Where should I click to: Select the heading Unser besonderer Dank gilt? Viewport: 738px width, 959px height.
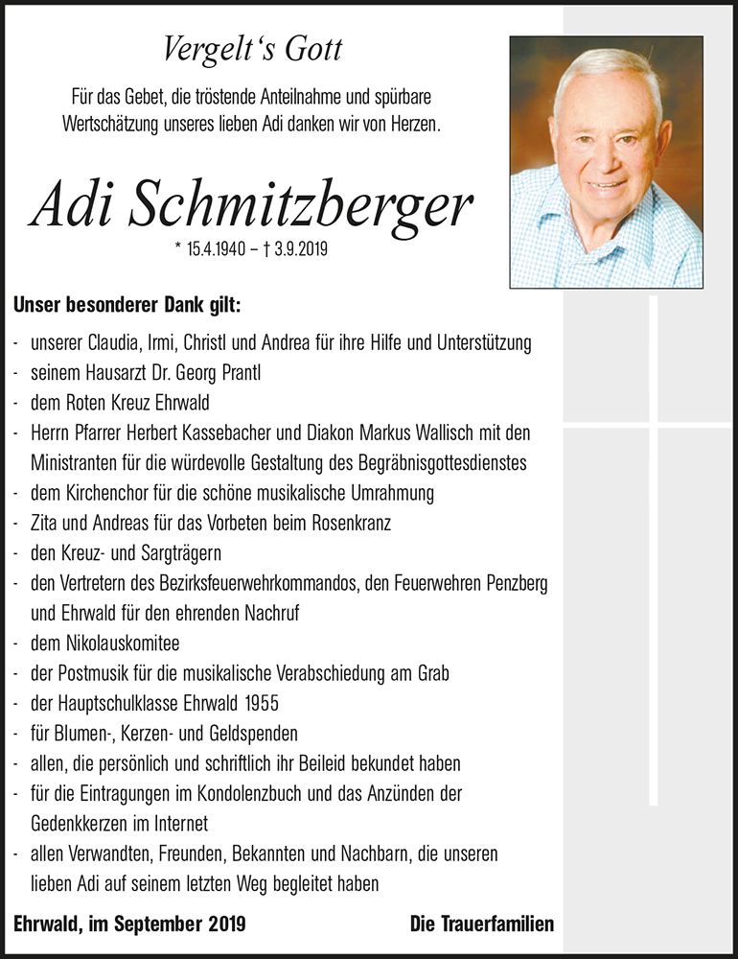(x=127, y=306)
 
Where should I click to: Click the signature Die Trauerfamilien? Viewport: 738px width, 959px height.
(x=481, y=924)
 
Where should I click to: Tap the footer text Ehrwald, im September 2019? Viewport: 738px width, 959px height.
(x=130, y=924)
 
